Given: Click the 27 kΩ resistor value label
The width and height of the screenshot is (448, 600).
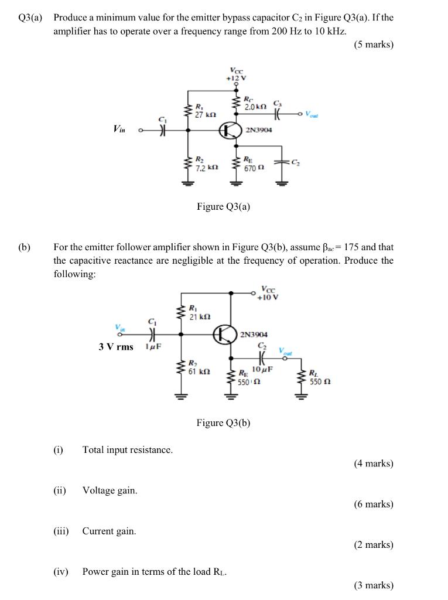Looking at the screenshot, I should point(204,115).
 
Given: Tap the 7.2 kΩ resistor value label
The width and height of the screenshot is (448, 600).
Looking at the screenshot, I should point(206,168).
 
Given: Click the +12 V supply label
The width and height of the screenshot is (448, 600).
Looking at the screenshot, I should point(238,77).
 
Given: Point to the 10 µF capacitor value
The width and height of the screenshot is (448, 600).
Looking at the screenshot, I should point(262,369).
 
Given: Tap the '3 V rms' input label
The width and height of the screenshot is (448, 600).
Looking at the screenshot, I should point(116,346).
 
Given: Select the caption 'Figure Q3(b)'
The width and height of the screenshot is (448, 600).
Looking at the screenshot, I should point(223,422).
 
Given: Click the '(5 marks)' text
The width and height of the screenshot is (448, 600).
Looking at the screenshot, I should point(373,45).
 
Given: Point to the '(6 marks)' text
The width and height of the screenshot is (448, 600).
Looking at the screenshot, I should point(373,504).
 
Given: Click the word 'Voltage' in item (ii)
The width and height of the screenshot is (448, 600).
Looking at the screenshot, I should point(98,490).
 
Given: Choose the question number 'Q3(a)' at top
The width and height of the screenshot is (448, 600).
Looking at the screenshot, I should point(30,18).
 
